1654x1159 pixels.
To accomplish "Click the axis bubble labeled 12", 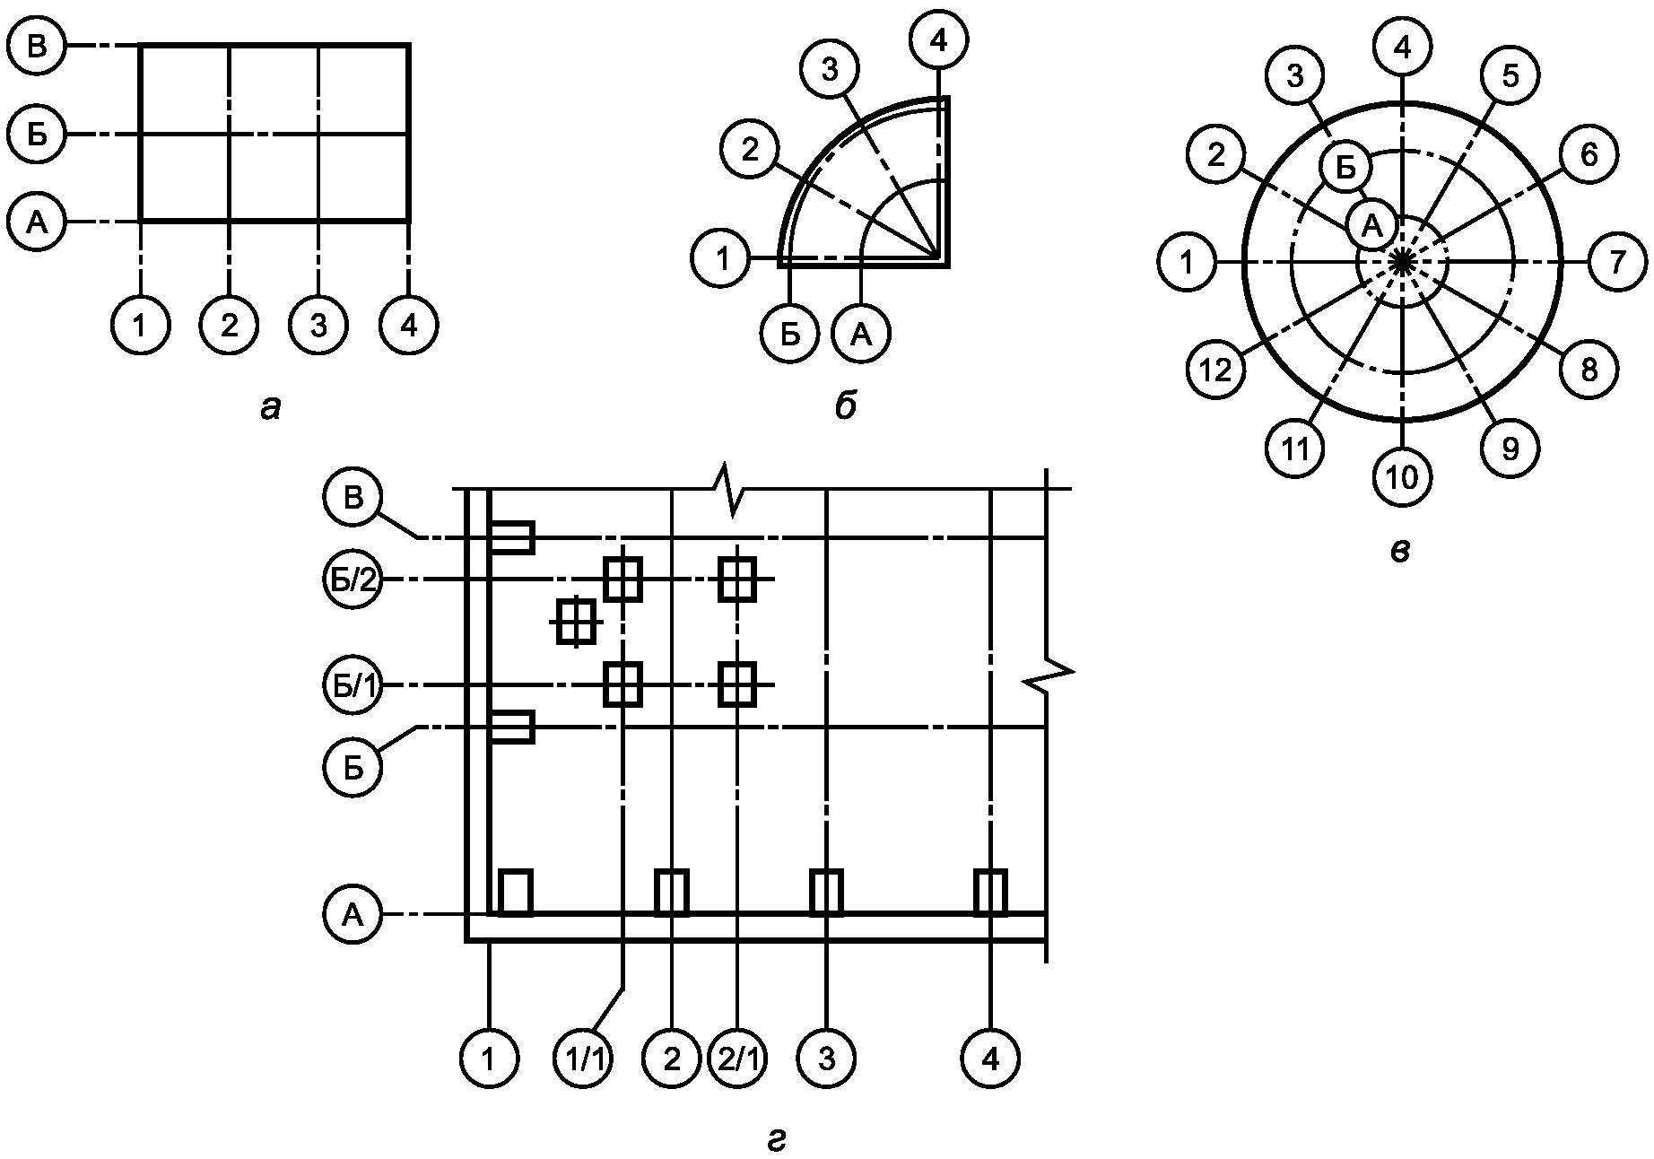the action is coord(1215,369).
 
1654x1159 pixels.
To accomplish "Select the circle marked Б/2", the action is coord(353,579).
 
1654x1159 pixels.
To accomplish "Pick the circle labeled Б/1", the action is coord(353,685).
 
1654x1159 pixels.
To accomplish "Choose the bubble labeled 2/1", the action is coord(737,1059).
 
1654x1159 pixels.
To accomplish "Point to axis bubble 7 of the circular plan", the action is coord(1616,262).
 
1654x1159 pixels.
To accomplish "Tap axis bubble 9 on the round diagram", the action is coord(1510,448).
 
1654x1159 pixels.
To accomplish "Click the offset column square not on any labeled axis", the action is coord(576,620).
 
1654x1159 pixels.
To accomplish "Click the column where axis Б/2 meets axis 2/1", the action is coord(737,579).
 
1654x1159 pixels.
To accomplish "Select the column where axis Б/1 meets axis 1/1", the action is coord(622,684).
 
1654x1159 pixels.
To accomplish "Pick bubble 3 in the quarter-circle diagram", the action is coord(829,70).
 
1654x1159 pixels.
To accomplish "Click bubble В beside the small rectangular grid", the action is coord(37,46).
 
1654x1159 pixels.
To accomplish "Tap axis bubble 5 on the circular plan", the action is coord(1510,76).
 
